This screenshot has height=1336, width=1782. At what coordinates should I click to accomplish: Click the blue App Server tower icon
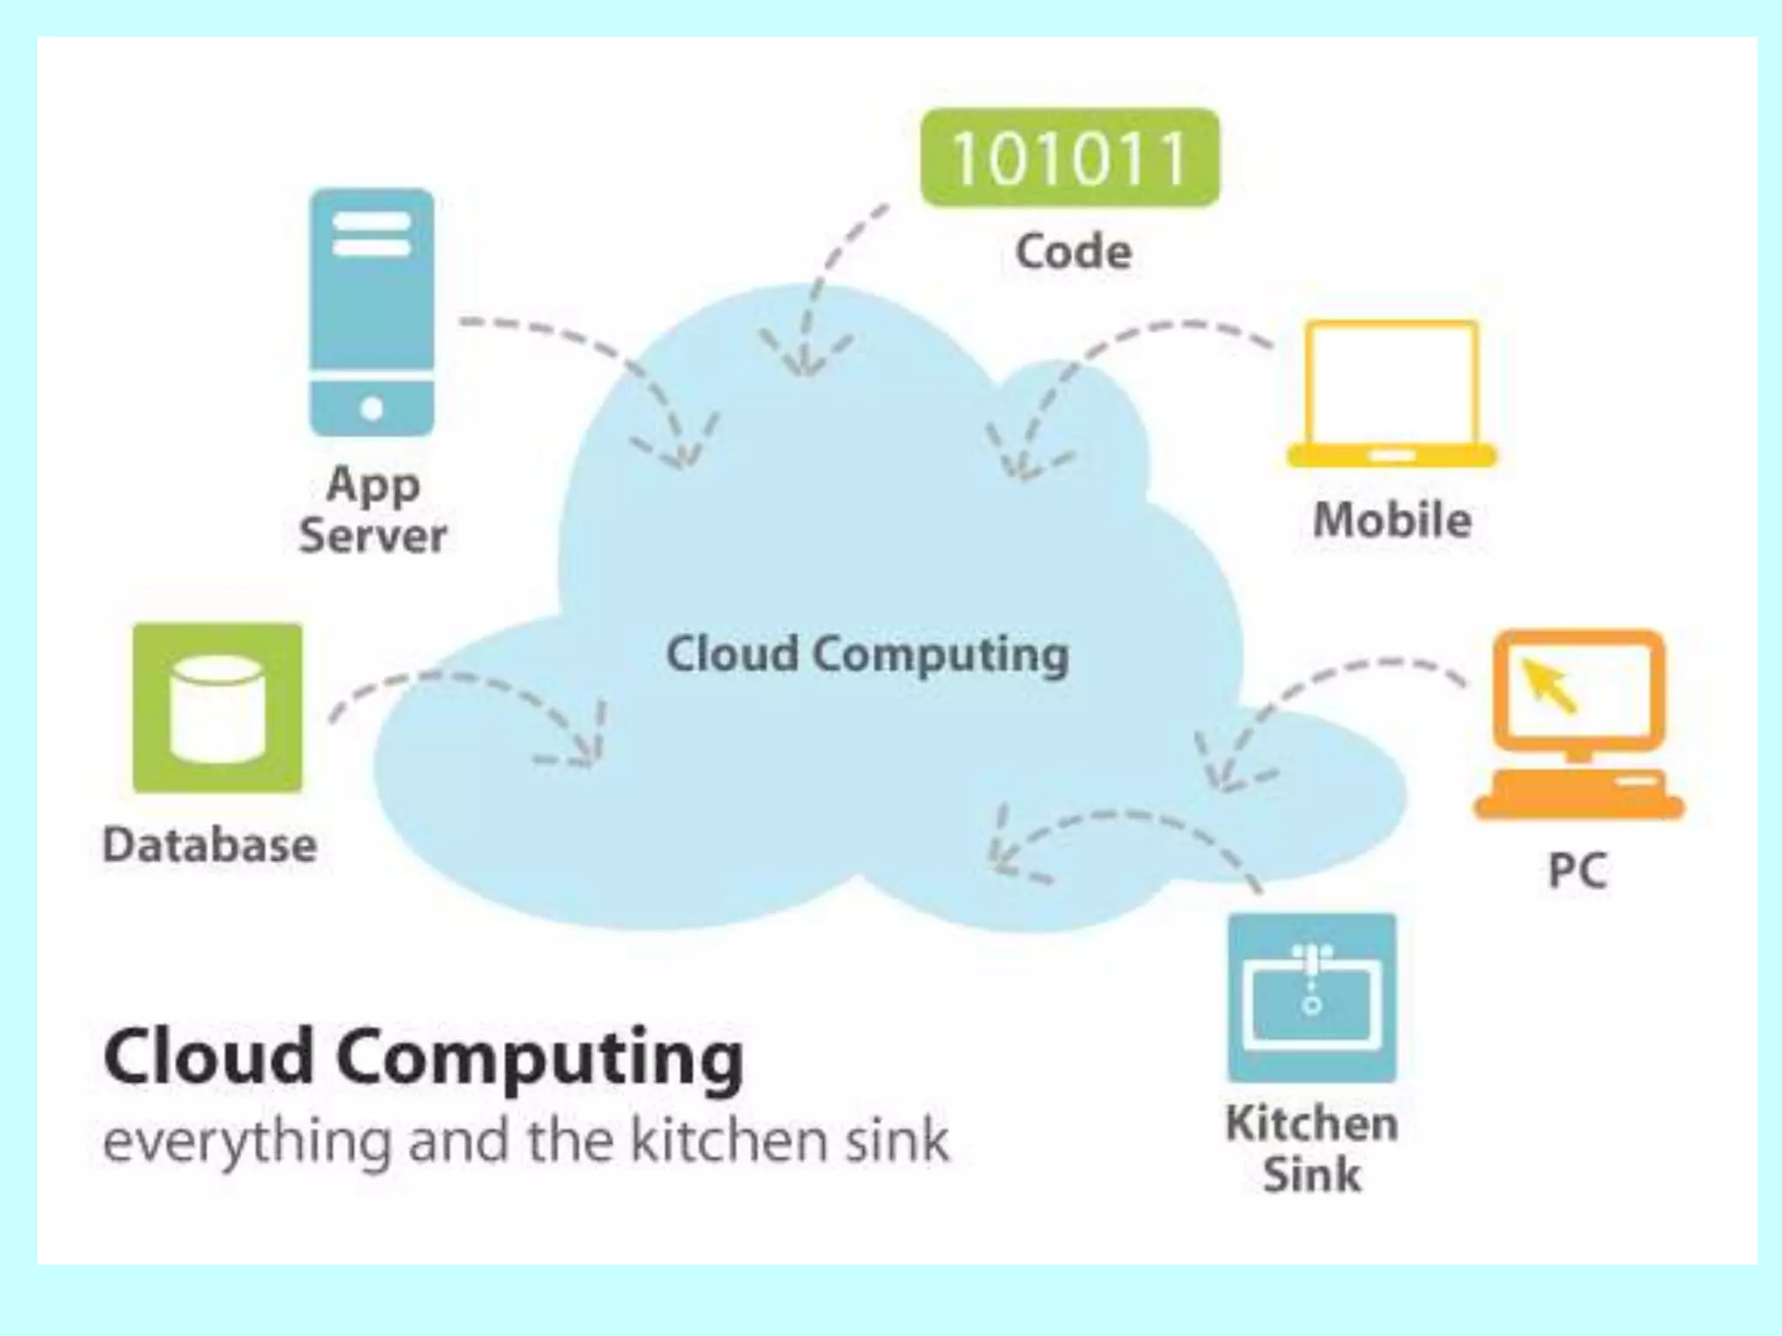pyautogui.click(x=372, y=311)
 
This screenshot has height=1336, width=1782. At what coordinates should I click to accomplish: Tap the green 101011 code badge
pyautogui.click(x=1069, y=158)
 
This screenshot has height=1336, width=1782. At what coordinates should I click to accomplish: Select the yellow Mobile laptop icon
pyautogui.click(x=1391, y=393)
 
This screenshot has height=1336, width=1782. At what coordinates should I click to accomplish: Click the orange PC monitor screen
pyautogui.click(x=1578, y=690)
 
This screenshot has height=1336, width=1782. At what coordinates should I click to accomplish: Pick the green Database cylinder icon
pyautogui.click(x=218, y=708)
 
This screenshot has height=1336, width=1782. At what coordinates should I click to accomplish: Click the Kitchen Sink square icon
pyautogui.click(x=1312, y=998)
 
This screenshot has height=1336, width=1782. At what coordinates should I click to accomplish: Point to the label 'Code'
pyautogui.click(x=1074, y=252)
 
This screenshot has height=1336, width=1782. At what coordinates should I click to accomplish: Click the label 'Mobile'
pyautogui.click(x=1392, y=520)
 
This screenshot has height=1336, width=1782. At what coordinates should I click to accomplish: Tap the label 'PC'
pyautogui.click(x=1578, y=869)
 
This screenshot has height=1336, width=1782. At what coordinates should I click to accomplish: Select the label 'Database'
pyautogui.click(x=210, y=845)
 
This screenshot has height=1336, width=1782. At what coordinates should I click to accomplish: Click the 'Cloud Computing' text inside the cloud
pyautogui.click(x=867, y=654)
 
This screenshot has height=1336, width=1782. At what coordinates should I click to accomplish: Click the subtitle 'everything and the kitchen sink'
pyautogui.click(x=526, y=1140)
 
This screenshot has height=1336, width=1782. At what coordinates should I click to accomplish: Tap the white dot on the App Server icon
pyautogui.click(x=372, y=408)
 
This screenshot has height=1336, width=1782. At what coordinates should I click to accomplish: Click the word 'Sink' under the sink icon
pyautogui.click(x=1312, y=1175)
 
